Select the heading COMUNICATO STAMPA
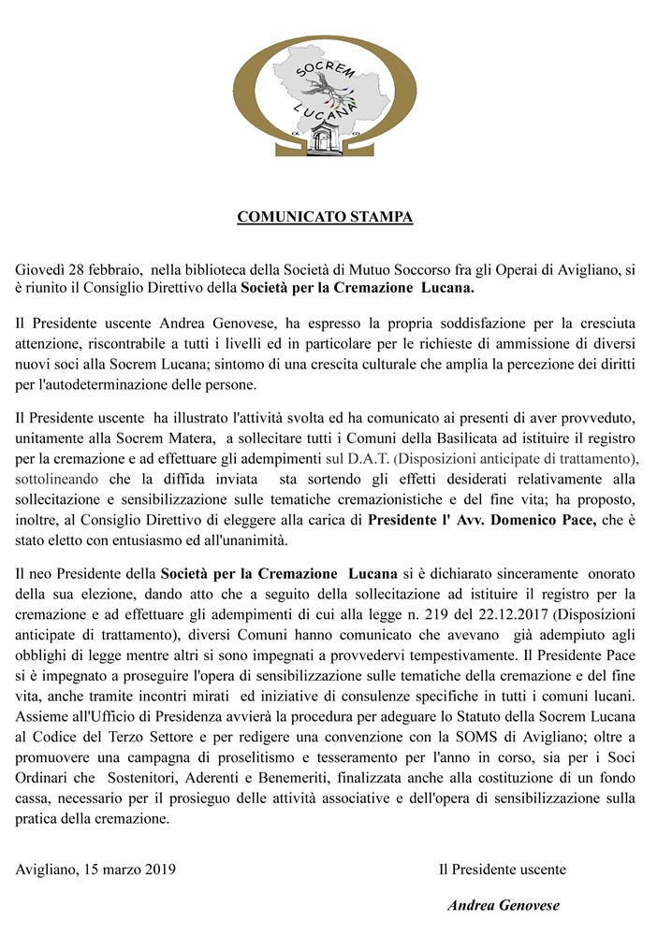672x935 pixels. pyautogui.click(x=325, y=218)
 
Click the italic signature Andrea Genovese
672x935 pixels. pyautogui.click(x=504, y=905)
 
